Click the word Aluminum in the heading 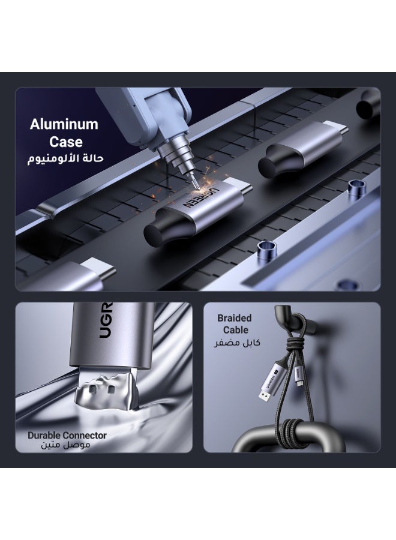click(64, 124)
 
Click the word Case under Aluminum click(66, 142)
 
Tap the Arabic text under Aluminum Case click(65, 159)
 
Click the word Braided click(234, 318)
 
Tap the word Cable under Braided click(236, 330)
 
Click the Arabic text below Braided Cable click(237, 343)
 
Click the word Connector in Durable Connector click(85, 436)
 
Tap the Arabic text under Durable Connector click(65, 445)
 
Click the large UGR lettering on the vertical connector click(106, 320)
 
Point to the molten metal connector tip click(106, 392)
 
